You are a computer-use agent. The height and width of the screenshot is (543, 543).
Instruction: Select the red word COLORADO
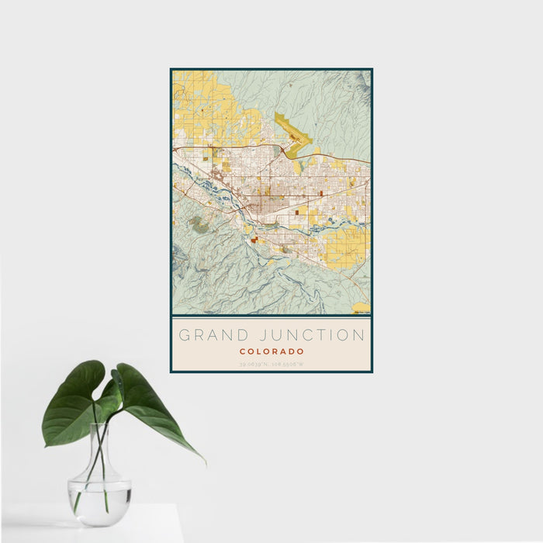click(271, 351)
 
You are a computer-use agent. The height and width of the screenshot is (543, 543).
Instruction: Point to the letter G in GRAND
click(185, 336)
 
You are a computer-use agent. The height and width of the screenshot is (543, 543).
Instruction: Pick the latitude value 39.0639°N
click(254, 363)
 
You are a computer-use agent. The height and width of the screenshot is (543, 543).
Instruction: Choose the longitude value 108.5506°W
click(288, 363)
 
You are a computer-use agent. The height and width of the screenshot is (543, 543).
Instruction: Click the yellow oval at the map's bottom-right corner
click(361, 309)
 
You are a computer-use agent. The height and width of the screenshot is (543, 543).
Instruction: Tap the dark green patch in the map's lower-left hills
click(199, 226)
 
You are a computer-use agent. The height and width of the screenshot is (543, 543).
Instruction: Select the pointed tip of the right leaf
click(204, 463)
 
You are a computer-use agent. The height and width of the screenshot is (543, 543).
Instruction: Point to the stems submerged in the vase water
click(95, 493)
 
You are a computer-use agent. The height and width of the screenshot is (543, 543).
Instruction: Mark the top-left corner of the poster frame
click(171, 69)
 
